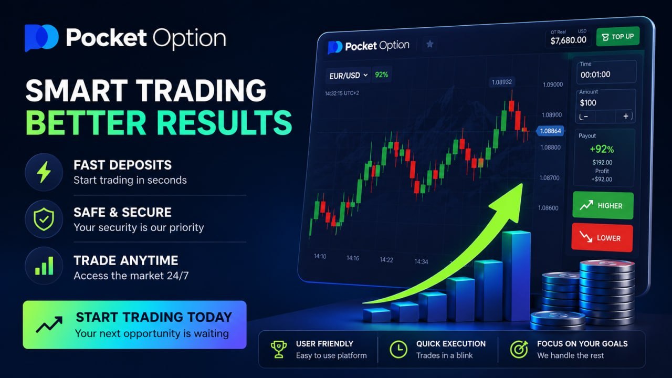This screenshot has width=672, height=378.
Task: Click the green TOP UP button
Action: (618, 37)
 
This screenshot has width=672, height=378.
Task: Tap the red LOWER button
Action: (602, 238)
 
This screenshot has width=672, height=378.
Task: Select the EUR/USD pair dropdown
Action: (348, 75)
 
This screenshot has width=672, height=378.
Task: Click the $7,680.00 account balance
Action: (568, 40)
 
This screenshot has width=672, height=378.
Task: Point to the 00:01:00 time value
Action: (595, 75)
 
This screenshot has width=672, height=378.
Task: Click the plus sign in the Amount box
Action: (625, 116)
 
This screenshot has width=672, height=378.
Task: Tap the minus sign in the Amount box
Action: (585, 117)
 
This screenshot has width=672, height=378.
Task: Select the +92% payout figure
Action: (602, 149)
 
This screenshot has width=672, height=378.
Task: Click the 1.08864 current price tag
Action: (550, 131)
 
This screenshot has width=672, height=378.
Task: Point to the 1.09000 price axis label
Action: (553, 85)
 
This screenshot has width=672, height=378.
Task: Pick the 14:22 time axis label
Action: (386, 260)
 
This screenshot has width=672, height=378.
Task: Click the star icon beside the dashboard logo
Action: (429, 44)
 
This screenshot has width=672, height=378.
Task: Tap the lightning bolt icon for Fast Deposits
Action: (44, 172)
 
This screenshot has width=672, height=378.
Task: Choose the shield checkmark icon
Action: (44, 219)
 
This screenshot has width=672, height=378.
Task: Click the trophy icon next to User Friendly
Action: (278, 350)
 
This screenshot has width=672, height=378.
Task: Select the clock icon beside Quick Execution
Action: (398, 350)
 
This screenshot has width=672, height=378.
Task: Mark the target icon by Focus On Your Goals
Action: (519, 350)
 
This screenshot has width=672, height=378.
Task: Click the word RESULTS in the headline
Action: (224, 122)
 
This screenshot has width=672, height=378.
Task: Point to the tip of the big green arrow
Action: (522, 184)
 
